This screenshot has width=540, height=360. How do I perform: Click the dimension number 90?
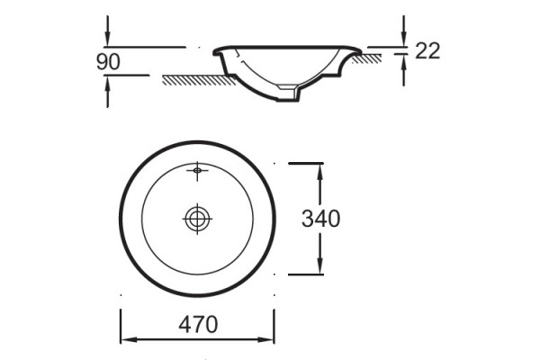pyautogui.click(x=108, y=62)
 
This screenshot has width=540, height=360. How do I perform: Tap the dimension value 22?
pyautogui.click(x=427, y=51)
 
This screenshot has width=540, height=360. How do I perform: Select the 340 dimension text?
pyautogui.click(x=321, y=219)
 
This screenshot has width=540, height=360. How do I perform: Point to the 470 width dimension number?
pyautogui.click(x=198, y=324)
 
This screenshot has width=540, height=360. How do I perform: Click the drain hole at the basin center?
pyautogui.click(x=197, y=219)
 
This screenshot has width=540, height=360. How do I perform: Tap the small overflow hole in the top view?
pyautogui.click(x=197, y=170)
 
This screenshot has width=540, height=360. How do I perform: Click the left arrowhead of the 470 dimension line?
pyautogui.click(x=129, y=339)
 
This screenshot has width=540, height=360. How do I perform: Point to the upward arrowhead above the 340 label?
pyautogui.click(x=320, y=172)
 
